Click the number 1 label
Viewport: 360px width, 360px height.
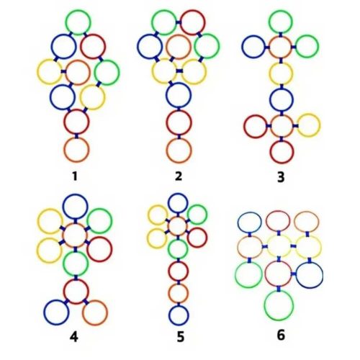point(75,176)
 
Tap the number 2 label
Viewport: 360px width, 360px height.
point(179,176)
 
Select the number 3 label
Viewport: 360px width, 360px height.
point(281,177)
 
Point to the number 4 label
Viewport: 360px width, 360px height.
point(74,337)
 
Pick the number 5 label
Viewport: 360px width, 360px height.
point(181,337)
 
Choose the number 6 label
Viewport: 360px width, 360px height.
point(281,336)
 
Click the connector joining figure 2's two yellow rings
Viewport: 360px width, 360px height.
point(179,71)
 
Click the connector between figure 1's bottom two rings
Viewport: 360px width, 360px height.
point(76,136)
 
